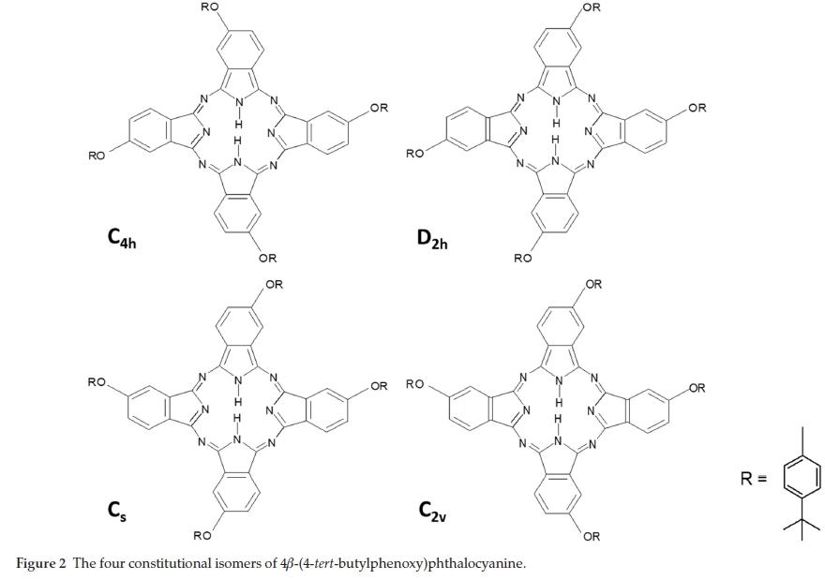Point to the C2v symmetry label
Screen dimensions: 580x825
[x=432, y=512]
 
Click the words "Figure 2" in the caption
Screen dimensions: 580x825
[x=40, y=563]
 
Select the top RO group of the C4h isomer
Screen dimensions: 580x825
[x=210, y=7]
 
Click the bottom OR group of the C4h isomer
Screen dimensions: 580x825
[x=267, y=258]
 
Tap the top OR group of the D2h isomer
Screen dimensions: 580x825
[x=591, y=7]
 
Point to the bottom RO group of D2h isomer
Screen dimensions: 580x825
[x=522, y=258]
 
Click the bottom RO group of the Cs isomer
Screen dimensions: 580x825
[x=202, y=536]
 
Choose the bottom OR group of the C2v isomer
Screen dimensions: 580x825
[x=591, y=536]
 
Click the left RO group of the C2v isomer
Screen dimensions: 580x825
[x=414, y=383]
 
